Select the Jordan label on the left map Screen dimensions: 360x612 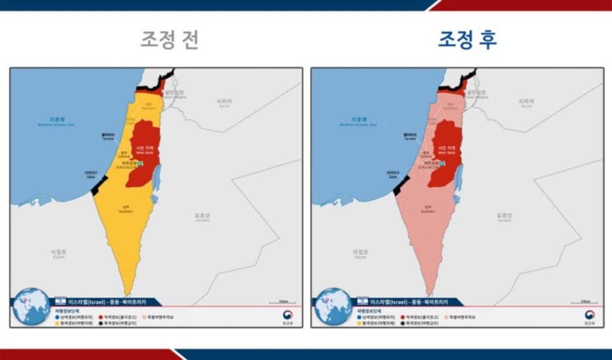[x=202, y=217]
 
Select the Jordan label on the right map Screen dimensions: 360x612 [x=503, y=217]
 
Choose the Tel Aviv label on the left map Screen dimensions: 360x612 [x=108, y=136]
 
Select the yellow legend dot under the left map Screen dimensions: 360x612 [x=58, y=323]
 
